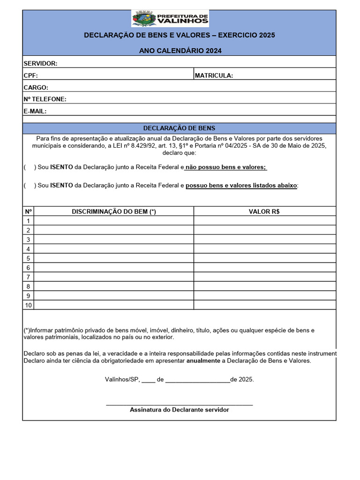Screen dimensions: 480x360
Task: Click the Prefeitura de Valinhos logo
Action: [x=170, y=19]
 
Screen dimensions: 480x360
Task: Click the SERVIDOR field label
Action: [x=40, y=63]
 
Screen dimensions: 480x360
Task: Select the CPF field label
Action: [x=30, y=75]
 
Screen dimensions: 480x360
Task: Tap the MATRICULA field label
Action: [x=214, y=75]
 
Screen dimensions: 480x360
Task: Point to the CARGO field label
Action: [x=36, y=87]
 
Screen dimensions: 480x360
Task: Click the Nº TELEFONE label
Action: [x=45, y=99]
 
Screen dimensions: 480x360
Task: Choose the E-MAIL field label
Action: [x=35, y=111]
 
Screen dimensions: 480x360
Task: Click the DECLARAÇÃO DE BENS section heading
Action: [x=179, y=128]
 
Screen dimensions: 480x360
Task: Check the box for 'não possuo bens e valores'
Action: [x=29, y=167]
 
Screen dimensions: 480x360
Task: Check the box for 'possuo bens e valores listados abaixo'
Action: [x=29, y=185]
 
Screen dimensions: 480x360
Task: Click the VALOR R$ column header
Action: [x=264, y=211]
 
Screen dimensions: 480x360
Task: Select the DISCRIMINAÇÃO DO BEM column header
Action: [x=114, y=211]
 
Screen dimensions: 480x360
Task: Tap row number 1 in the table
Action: [x=29, y=221]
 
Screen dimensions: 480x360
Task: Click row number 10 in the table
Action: [x=29, y=305]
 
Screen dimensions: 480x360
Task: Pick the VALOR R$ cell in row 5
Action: [x=264, y=258]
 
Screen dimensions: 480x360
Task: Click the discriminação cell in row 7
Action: [x=114, y=277]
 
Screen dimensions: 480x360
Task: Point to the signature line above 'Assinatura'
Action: [x=179, y=404]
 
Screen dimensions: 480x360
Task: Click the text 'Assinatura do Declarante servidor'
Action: [x=179, y=410]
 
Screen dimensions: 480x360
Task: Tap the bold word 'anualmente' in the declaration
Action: [x=204, y=361]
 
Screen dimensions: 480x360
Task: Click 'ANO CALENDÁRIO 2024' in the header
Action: [x=180, y=51]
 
